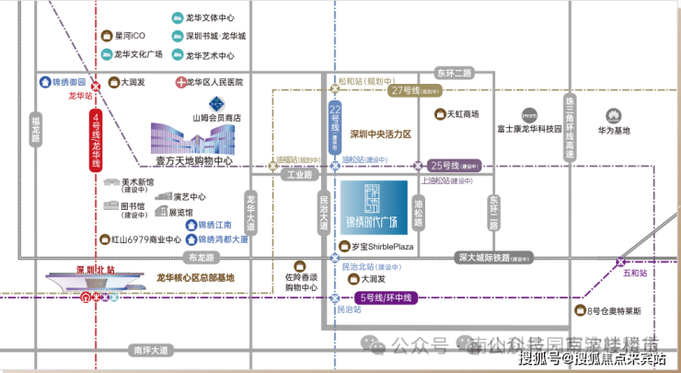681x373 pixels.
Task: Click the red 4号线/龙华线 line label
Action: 95,140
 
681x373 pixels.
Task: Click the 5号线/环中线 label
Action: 387,297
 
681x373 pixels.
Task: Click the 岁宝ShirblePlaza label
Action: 378,247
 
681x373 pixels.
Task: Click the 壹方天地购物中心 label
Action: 193,160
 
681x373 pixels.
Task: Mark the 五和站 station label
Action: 635,274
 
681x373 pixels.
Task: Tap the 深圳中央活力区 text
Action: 379,134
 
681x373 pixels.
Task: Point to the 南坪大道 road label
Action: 150,350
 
